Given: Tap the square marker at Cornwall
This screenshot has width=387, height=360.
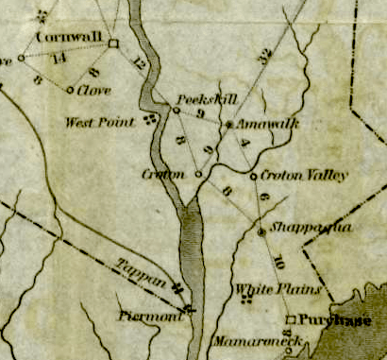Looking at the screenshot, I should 112,43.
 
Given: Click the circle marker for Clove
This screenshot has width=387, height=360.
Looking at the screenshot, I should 71,91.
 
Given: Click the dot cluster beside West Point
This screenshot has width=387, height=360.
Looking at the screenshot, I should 149,120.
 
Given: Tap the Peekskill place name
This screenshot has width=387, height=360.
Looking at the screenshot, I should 206,98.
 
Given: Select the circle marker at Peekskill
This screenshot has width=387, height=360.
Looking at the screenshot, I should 176,111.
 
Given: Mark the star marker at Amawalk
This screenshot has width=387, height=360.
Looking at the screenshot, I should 229,124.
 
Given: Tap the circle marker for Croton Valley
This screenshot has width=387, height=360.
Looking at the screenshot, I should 254,176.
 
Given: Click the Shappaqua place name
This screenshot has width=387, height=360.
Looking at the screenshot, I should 298,228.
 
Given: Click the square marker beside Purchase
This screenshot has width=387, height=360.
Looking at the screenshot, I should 291,319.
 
